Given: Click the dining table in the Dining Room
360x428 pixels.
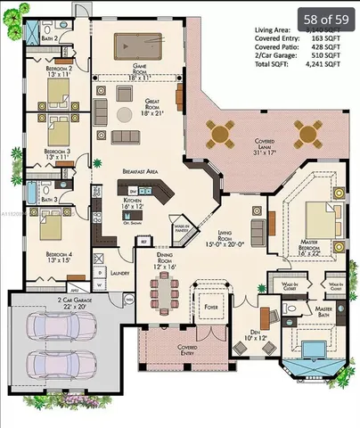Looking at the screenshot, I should click(x=164, y=291).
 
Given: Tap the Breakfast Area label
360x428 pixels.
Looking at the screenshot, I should click(x=141, y=170).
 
